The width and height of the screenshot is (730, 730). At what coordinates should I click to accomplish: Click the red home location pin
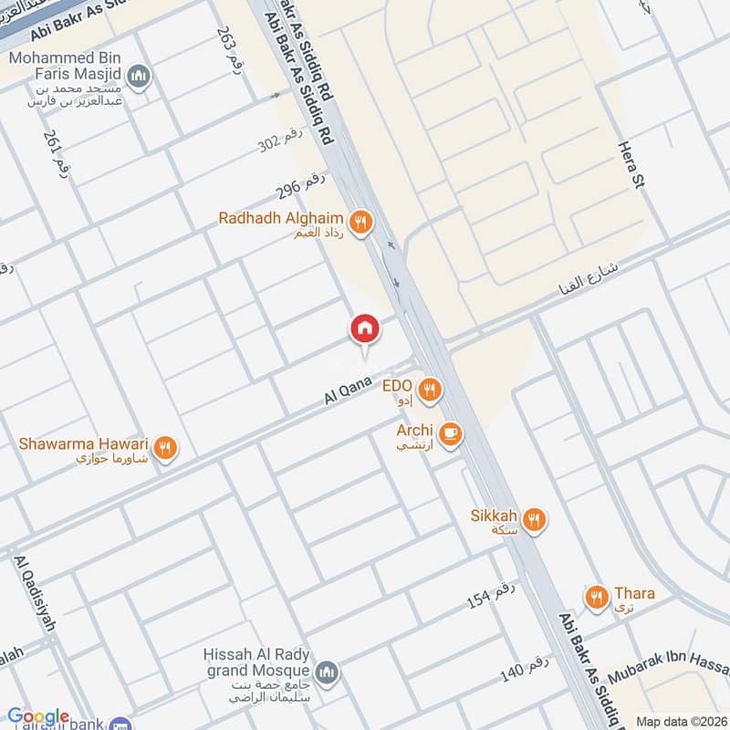[x=364, y=328]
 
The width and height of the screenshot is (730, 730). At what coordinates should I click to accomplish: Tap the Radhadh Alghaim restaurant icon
[x=362, y=221]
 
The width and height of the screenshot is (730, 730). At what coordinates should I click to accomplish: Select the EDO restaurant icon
[x=430, y=391]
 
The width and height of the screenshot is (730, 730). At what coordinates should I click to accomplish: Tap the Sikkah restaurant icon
[x=535, y=520]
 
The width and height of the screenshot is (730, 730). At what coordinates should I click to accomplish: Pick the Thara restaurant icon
[x=598, y=598]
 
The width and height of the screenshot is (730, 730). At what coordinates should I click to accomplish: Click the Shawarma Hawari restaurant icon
[x=165, y=447]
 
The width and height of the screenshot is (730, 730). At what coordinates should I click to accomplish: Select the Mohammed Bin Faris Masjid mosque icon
[x=140, y=75]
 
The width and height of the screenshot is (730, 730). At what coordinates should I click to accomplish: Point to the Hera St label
[x=631, y=164]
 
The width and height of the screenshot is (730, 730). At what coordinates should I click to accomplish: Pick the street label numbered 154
[x=491, y=593]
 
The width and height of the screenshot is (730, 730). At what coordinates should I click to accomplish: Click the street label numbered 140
[x=524, y=668]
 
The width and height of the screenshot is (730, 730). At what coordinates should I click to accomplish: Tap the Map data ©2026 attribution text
[x=681, y=721]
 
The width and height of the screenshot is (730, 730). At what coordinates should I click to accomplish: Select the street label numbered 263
[x=228, y=46]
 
